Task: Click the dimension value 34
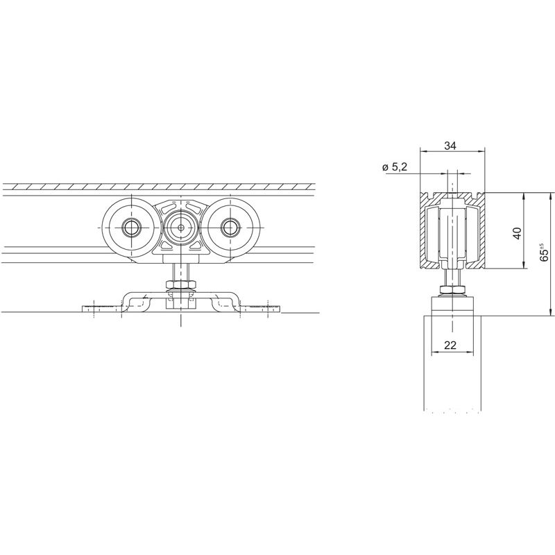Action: click(x=450, y=146)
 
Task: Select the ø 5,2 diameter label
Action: click(x=395, y=167)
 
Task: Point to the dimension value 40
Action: click(x=517, y=233)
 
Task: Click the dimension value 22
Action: click(x=450, y=345)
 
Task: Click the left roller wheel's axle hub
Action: click(x=132, y=228)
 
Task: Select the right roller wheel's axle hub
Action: click(x=230, y=228)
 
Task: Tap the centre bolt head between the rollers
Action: click(x=181, y=228)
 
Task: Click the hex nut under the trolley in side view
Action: click(x=181, y=284)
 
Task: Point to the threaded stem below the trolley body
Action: click(x=181, y=272)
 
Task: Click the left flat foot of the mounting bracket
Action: click(x=102, y=309)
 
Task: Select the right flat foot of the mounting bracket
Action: click(x=259, y=309)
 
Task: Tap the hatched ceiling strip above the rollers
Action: click(x=159, y=187)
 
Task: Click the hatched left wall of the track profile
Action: click(x=424, y=230)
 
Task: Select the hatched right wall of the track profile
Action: click(x=481, y=230)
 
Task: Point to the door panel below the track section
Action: click(x=452, y=363)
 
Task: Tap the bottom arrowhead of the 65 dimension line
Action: click(x=550, y=312)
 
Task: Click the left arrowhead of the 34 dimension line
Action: click(x=424, y=151)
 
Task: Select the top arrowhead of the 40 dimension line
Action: click(x=524, y=196)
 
